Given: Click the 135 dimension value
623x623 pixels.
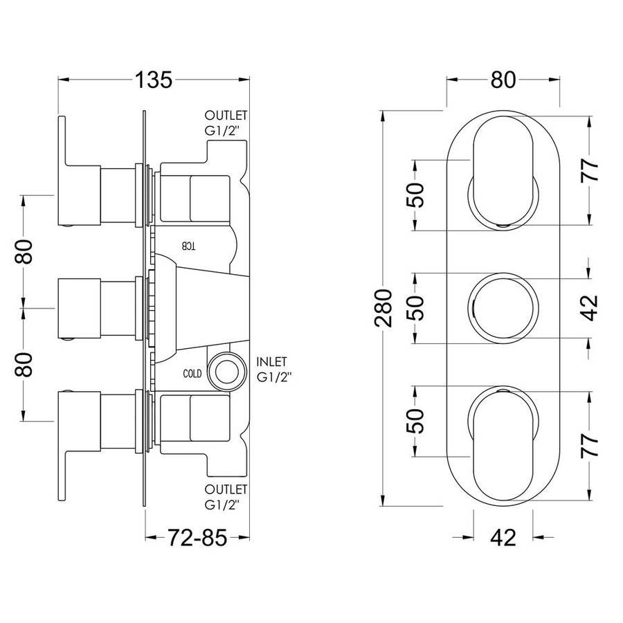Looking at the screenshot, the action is coord(154,80).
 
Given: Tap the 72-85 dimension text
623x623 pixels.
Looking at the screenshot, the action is coord(197,538).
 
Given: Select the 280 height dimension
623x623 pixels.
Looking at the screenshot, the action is coord(383,308).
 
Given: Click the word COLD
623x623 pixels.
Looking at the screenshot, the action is coord(192,374).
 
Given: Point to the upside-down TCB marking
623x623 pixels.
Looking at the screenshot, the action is coord(189,246).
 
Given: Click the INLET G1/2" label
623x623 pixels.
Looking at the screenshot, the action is coord(274,369).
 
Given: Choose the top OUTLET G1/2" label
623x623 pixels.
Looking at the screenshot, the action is coord(226,123).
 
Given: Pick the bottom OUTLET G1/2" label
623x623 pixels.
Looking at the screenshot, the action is coord(226,496).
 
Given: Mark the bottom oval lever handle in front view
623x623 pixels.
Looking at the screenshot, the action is coord(503,444).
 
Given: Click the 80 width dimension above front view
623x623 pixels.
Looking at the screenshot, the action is coord(503,80).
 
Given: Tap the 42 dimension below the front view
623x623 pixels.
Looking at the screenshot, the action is coord(503,538).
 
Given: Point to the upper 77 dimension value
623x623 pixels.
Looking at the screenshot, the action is coord(590,170).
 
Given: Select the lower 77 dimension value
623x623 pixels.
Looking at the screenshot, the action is coord(590,446).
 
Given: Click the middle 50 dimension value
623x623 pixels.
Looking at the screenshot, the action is coord(415,308).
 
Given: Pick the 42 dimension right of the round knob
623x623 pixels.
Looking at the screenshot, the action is coord(590,307).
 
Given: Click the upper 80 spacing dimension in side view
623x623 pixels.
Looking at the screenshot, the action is coord(24,252).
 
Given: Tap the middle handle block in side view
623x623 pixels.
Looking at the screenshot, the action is coord(80,308).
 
